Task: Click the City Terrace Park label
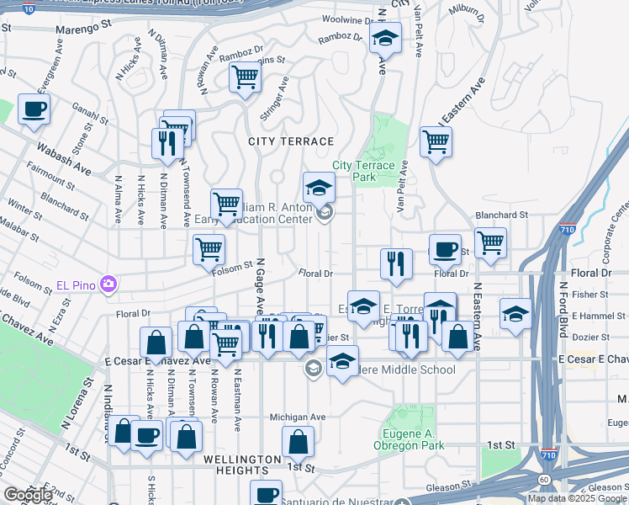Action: coord(363,171)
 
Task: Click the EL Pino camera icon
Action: coord(108,284)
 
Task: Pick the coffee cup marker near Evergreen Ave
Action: coord(34,109)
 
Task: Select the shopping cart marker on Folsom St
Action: coord(209,248)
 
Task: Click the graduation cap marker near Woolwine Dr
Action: coord(386,38)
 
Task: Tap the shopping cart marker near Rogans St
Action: coord(245,77)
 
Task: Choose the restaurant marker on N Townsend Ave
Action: coord(167,143)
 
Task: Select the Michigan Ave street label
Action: coord(297,417)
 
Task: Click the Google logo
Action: coord(28,495)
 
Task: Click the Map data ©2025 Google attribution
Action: coord(577,498)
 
